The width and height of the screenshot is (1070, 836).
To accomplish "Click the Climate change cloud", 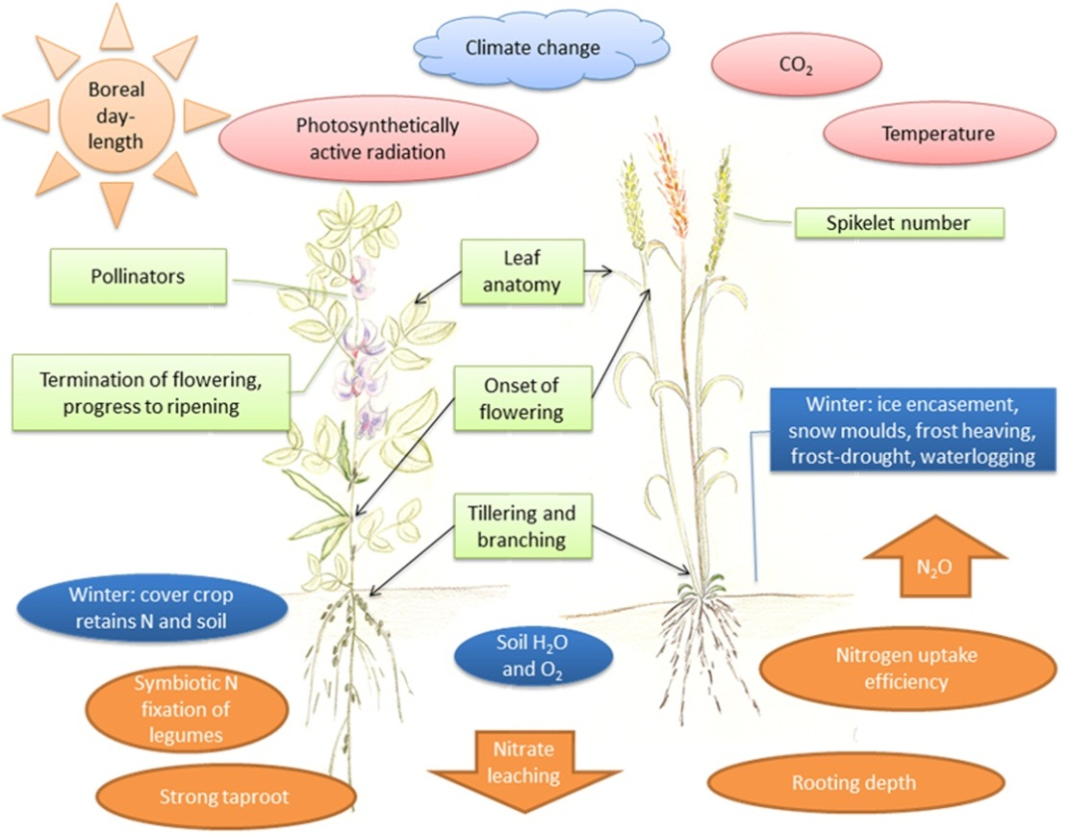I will pos(531,47).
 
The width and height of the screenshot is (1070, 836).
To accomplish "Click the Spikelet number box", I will pos(898,223).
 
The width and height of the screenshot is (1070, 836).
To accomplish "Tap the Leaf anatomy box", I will pos(522,272).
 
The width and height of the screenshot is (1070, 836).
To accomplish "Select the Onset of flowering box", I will pos(523,397).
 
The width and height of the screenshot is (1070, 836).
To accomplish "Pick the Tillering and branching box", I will pos(522,526).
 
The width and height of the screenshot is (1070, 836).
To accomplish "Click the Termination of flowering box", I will pos(151,392).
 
